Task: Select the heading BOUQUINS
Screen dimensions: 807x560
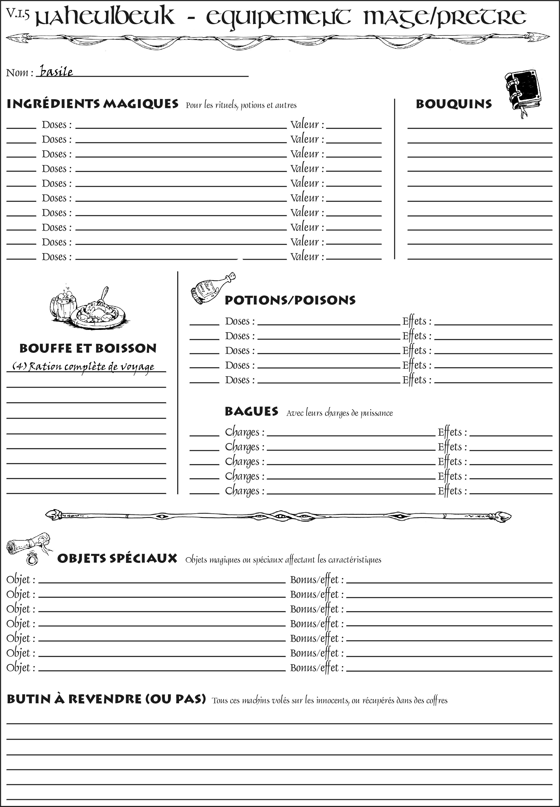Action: pyautogui.click(x=454, y=104)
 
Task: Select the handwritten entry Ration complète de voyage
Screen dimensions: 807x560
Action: pyautogui.click(x=84, y=367)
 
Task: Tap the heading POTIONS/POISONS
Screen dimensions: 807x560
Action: pyautogui.click(x=290, y=300)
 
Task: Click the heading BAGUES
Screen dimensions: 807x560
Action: pyautogui.click(x=251, y=411)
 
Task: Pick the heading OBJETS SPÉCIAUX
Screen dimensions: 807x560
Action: pyautogui.click(x=117, y=558)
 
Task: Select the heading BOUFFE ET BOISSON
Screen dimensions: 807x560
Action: pyautogui.click(x=88, y=348)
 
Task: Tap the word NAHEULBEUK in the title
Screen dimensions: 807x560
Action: pyautogui.click(x=105, y=17)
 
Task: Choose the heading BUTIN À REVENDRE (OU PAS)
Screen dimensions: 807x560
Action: pyautogui.click(x=106, y=699)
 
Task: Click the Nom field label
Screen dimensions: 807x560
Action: pyautogui.click(x=20, y=73)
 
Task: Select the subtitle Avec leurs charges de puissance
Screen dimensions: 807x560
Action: pyautogui.click(x=339, y=413)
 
